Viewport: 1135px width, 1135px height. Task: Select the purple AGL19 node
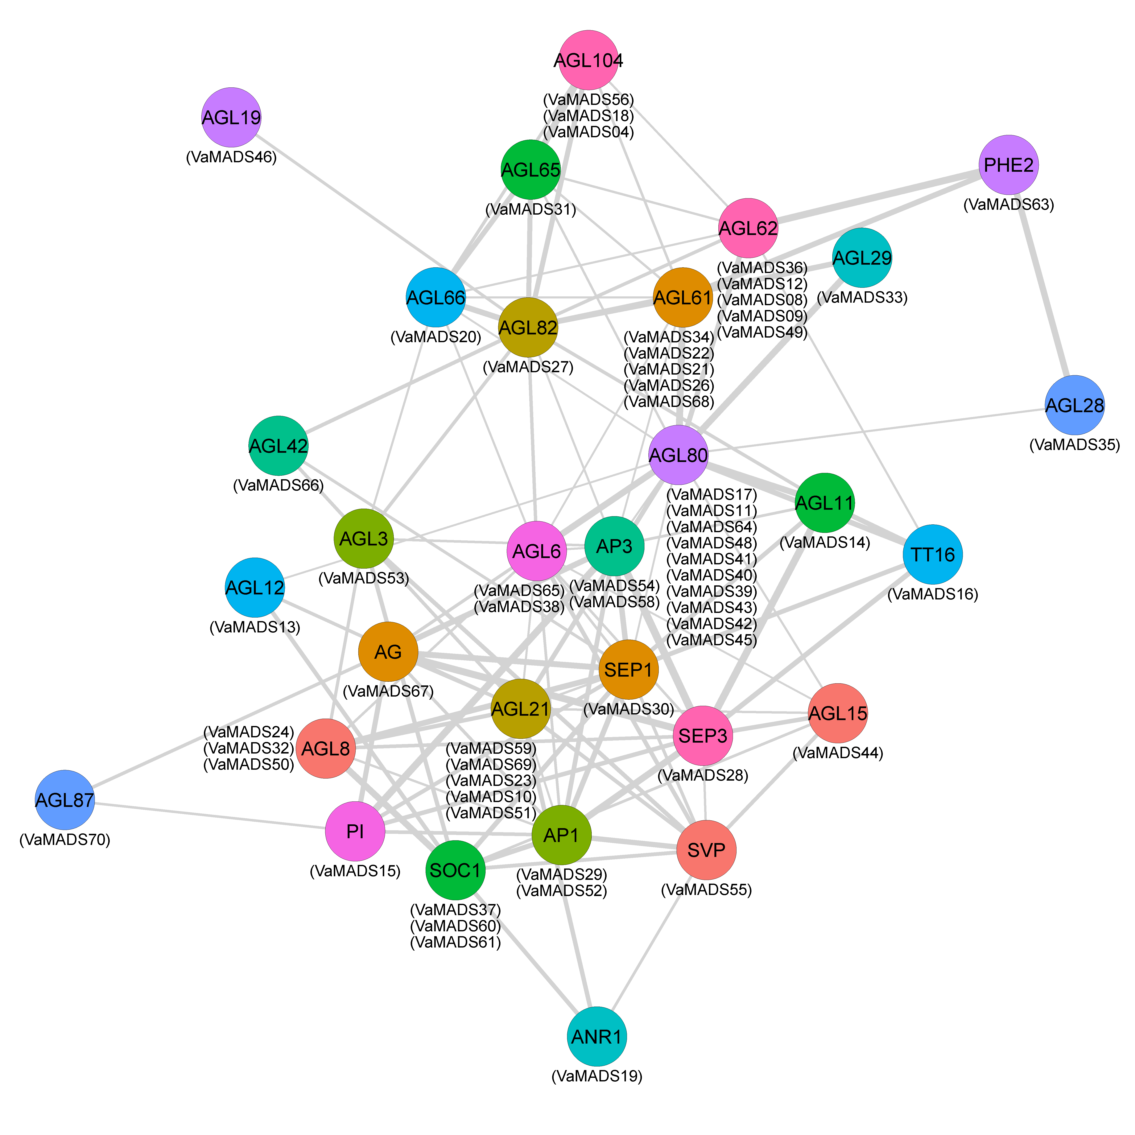231,117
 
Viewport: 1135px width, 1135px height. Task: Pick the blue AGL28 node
1074,405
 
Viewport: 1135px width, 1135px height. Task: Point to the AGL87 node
65,800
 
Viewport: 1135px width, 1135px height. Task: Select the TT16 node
932,554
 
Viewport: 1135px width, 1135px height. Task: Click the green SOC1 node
455,870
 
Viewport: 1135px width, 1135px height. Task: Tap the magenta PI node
355,831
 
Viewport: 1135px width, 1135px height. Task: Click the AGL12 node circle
254,587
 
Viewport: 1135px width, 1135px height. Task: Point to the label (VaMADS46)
231,157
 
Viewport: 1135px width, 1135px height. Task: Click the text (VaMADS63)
1009,205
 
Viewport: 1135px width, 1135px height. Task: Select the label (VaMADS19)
597,1076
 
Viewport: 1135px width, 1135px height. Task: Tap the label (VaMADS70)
65,839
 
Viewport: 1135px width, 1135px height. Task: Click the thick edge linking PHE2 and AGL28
1042,285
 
